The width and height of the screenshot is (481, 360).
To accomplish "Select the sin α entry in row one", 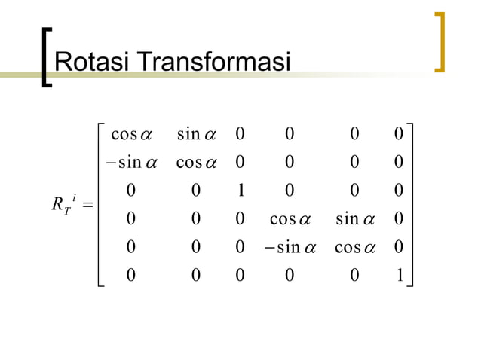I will pos(196,134).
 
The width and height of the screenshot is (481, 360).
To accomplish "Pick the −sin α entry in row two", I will pos(125,162).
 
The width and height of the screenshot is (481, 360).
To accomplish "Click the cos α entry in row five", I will pos(354,246).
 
